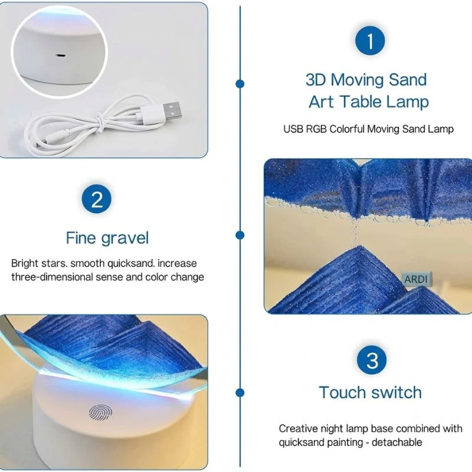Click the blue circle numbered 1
tap(370, 41)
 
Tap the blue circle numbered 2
tap(97, 199)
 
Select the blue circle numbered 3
tap(372, 360)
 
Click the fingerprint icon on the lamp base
tap(100, 412)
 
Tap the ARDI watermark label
tap(416, 279)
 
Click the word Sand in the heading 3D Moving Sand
tap(408, 80)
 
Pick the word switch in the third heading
tap(396, 392)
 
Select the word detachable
tap(396, 442)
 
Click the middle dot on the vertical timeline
tap(240, 235)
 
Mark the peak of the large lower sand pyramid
tap(360, 247)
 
